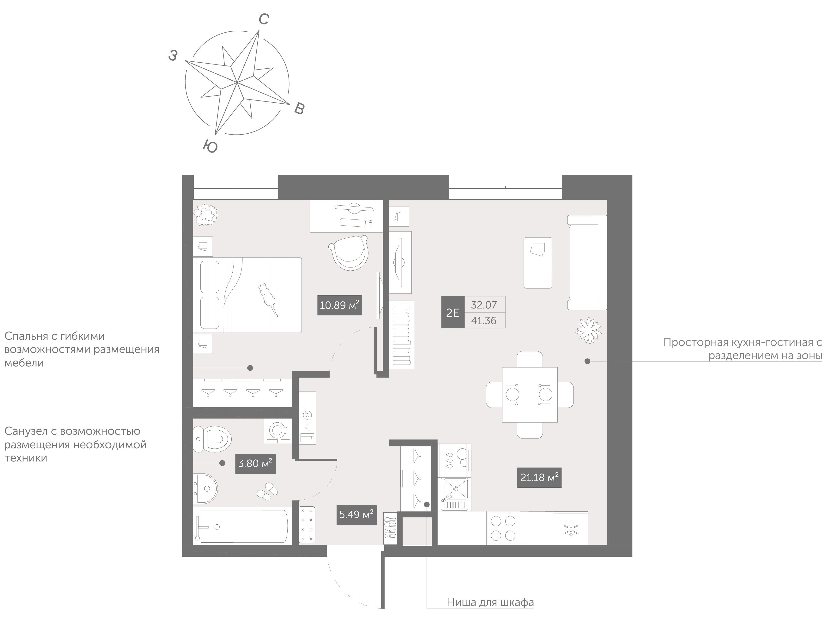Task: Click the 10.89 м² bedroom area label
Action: [339, 305]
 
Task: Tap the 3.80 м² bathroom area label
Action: [255, 464]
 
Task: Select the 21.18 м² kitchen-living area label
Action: [539, 477]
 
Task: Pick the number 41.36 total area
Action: [484, 320]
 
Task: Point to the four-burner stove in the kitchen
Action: [503, 528]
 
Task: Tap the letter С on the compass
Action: [264, 19]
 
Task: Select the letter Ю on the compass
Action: [210, 146]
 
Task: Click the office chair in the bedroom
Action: [349, 252]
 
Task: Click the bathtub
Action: [242, 526]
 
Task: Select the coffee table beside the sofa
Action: [538, 263]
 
